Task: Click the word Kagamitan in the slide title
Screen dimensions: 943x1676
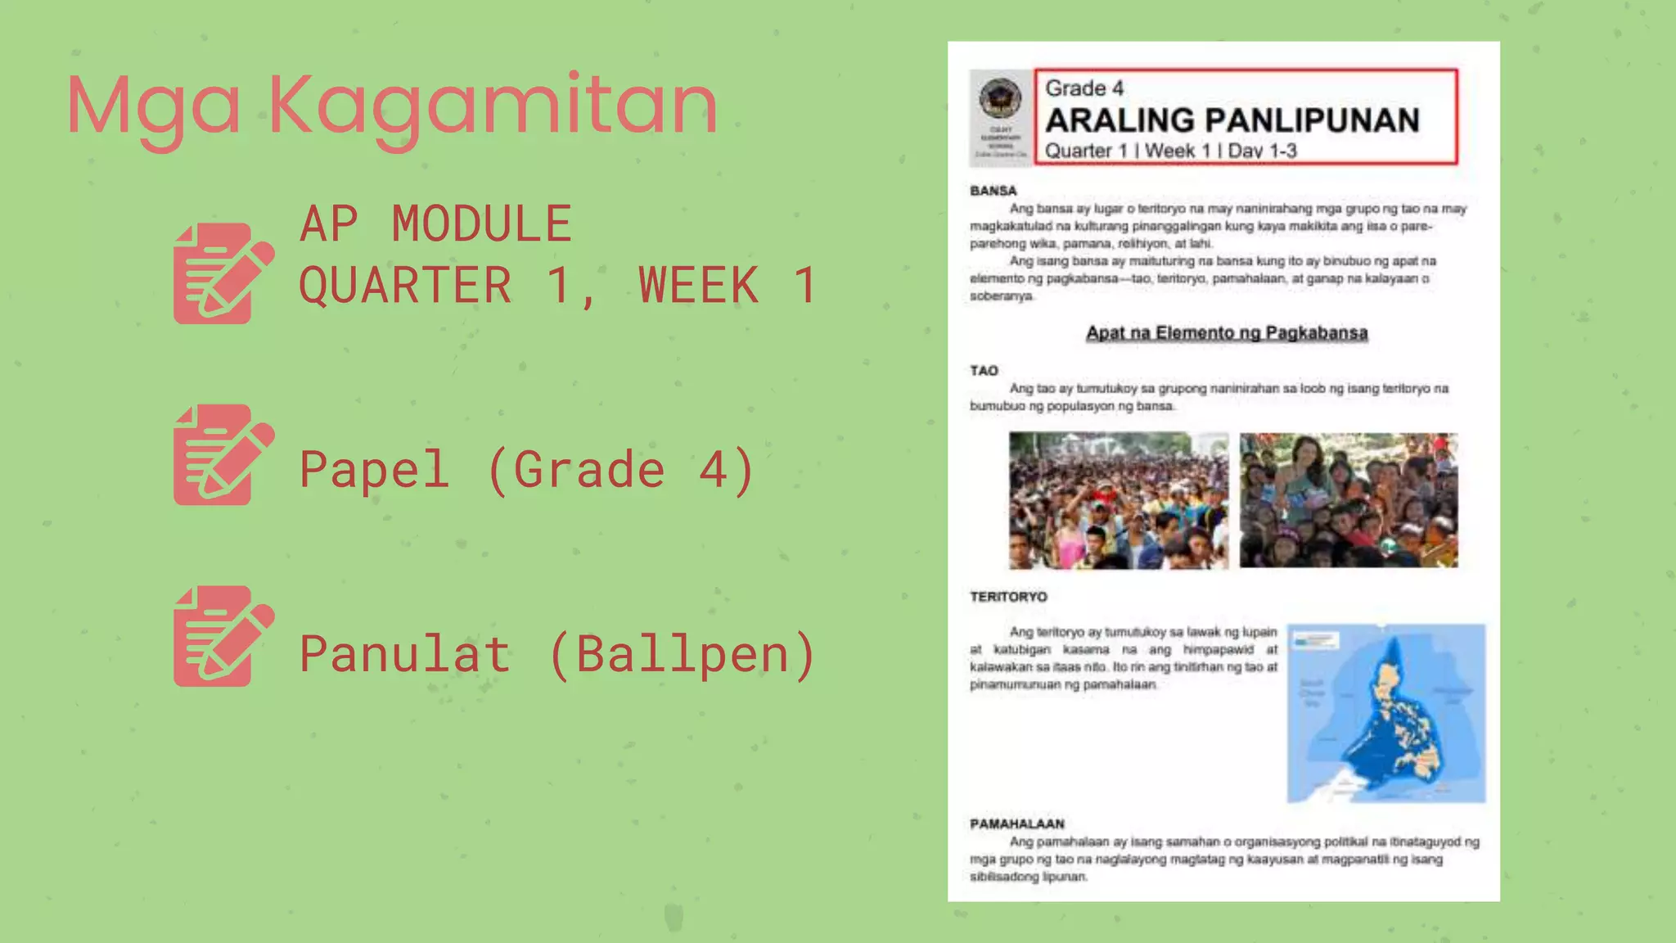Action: click(x=493, y=106)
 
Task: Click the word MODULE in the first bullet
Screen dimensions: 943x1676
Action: click(x=481, y=224)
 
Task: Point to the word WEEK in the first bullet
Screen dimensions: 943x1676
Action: click(x=698, y=285)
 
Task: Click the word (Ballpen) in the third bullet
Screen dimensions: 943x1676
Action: click(x=683, y=654)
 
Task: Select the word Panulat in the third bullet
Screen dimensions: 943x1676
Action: click(x=405, y=654)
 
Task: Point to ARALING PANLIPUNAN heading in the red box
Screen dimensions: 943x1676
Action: click(x=1232, y=120)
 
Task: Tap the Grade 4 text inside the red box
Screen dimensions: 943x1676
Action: click(x=1084, y=88)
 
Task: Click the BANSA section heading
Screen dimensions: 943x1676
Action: click(x=993, y=191)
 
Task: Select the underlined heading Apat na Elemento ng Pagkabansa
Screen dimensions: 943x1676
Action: click(x=1227, y=333)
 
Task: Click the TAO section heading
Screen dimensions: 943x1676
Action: click(x=984, y=371)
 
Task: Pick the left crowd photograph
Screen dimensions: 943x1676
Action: click(x=1118, y=500)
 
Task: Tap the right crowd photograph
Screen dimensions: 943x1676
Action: click(x=1348, y=500)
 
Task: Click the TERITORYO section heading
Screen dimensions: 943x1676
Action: click(x=1008, y=597)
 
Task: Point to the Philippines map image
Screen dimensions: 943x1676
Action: click(x=1385, y=713)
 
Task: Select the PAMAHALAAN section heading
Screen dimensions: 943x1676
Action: click(x=1017, y=823)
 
